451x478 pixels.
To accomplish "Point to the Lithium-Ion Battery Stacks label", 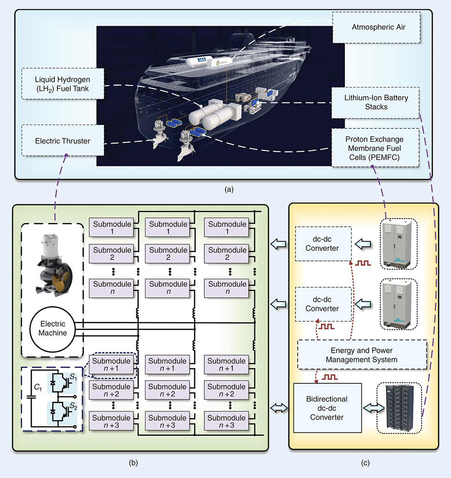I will click(x=376, y=103).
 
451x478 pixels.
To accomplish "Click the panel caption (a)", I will click(x=225, y=188).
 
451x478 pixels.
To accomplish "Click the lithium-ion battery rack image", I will click(x=399, y=408).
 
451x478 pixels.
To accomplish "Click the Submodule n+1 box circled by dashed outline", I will click(x=112, y=365).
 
